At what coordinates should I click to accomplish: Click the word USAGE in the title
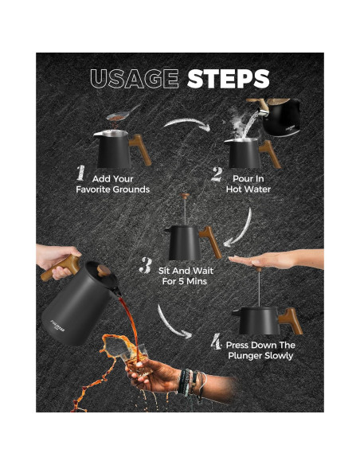[x=135, y=79]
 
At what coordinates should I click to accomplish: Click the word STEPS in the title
[x=228, y=79]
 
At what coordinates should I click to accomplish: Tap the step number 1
[x=80, y=173]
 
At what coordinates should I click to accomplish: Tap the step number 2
[x=217, y=174]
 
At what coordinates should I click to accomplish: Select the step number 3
[x=146, y=265]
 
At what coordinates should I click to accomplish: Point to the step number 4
[x=216, y=342]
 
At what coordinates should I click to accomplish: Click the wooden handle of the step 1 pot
[x=140, y=149]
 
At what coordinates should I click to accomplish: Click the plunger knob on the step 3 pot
[x=186, y=196]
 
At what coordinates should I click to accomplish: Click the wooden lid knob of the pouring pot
[x=104, y=271]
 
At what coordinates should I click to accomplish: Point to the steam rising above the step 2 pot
[x=241, y=126]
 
